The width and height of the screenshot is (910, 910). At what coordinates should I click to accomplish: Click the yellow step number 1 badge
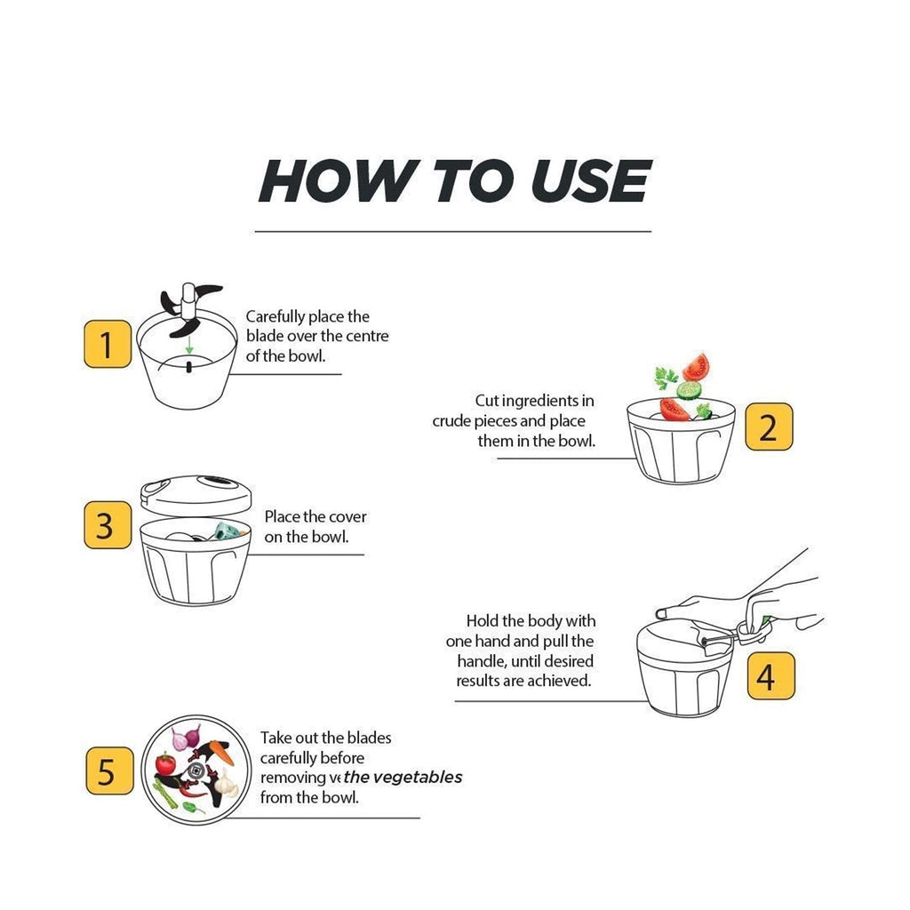107,345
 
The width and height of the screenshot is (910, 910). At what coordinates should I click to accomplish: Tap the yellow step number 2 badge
768,427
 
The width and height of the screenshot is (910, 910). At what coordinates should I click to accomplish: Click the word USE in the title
590,181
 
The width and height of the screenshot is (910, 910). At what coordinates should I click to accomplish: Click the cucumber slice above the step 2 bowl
690,389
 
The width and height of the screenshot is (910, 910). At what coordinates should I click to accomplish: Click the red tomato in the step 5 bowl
165,764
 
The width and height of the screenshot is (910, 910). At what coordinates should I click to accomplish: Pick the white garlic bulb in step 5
227,784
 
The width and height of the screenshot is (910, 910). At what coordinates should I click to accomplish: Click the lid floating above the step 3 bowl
196,490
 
